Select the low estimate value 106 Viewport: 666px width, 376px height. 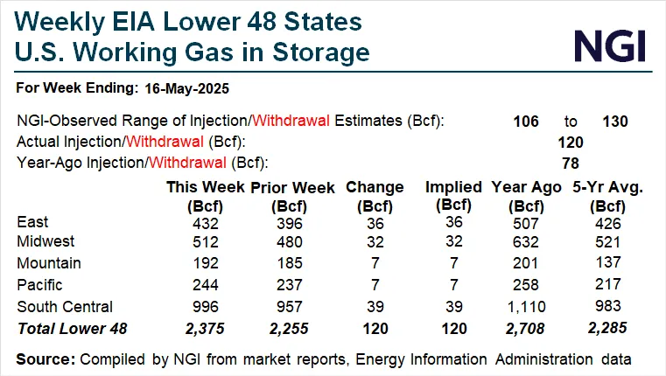(x=526, y=122)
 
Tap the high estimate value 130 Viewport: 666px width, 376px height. (x=615, y=122)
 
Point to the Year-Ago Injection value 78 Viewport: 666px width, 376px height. (x=571, y=162)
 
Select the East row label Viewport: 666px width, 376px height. (x=33, y=222)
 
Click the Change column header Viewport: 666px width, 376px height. (x=375, y=187)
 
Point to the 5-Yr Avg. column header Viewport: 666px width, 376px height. (x=603, y=187)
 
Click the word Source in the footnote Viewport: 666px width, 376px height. (x=44, y=359)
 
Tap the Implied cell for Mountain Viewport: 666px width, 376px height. (x=453, y=263)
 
